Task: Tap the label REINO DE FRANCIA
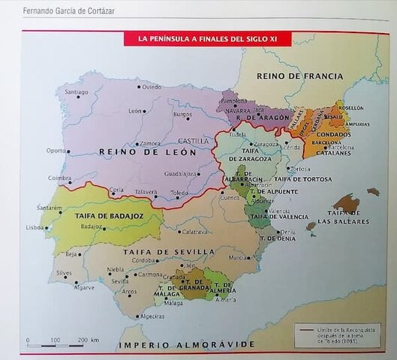299,76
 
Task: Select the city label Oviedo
152,87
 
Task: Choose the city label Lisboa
35,227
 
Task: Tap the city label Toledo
180,193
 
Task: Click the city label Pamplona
233,100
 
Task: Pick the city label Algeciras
152,316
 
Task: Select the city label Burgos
182,115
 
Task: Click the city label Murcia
239,257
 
